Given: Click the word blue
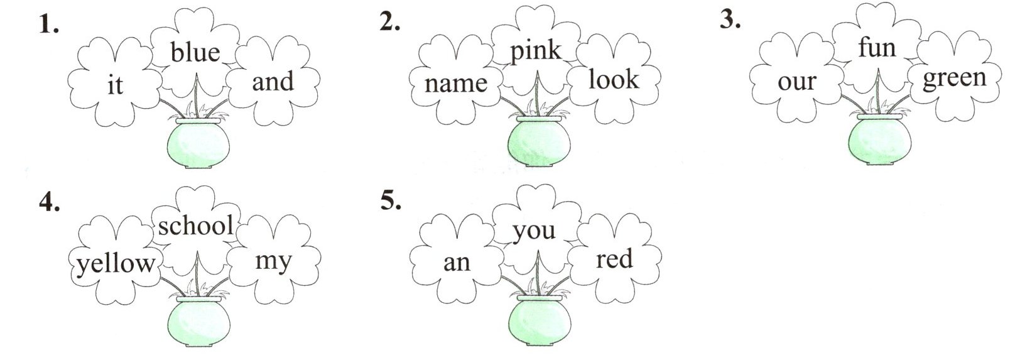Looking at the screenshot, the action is pos(195,52).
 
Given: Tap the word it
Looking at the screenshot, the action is pos(115,84).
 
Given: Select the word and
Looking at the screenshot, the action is pos(273,82).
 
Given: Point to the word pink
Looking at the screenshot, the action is pos(535,51).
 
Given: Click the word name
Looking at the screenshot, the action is pos(456,83).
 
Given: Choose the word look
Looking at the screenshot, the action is pos(614,80).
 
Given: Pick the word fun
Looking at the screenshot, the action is pos(876,47).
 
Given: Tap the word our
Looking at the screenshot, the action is pos(796,82).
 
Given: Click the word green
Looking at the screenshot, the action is pos(955,79).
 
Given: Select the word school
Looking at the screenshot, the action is pos(195,226).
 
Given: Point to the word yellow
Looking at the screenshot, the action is pos(115,264).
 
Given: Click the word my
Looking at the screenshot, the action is pos(273,260).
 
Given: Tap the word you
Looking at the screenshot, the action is pos(534,231).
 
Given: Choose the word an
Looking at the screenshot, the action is pos(457,262).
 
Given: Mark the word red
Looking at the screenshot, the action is pos(614,259).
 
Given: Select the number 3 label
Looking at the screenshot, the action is pos(730,20).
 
